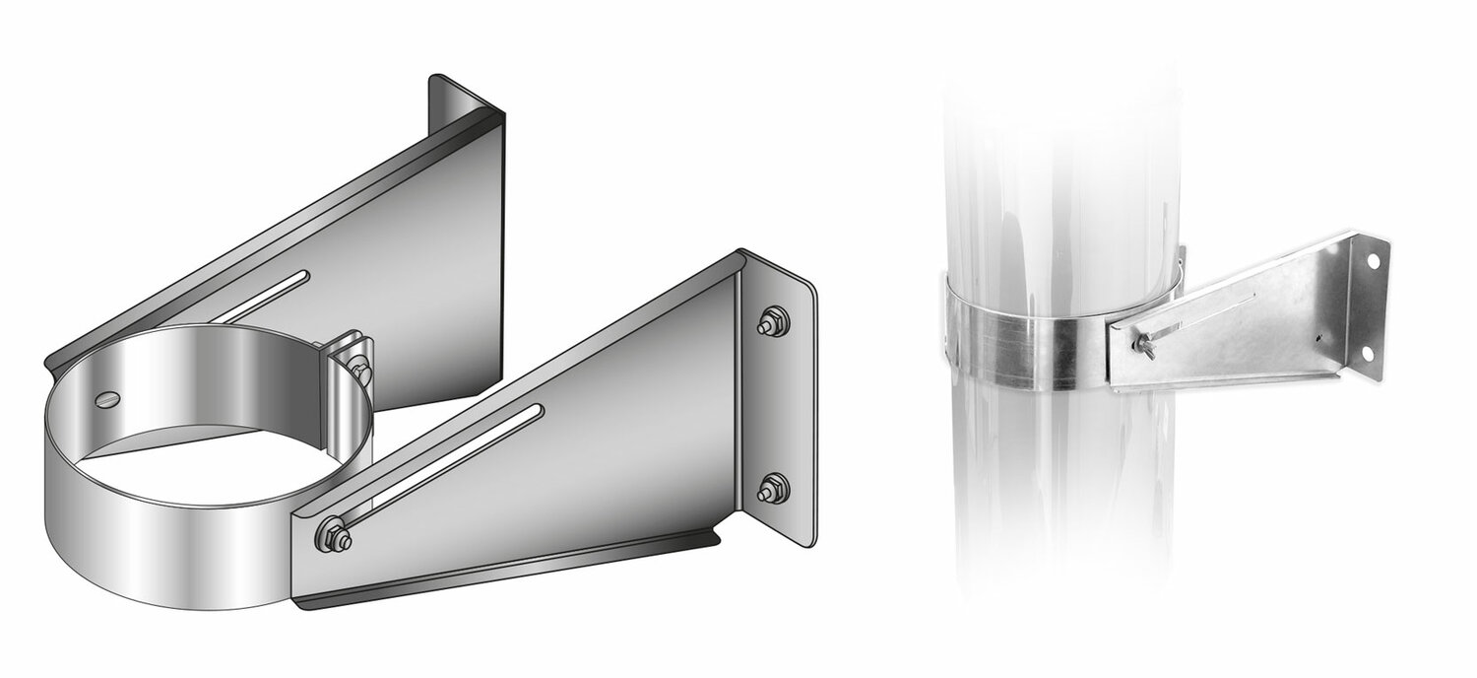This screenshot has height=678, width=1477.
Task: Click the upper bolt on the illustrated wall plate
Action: (774, 321)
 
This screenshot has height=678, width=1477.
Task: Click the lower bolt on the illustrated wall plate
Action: (774, 488)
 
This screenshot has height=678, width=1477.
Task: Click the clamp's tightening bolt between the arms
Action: (359, 370)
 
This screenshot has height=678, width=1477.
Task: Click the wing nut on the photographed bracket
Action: (1145, 346)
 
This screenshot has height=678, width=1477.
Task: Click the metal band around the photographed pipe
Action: (1044, 335)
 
